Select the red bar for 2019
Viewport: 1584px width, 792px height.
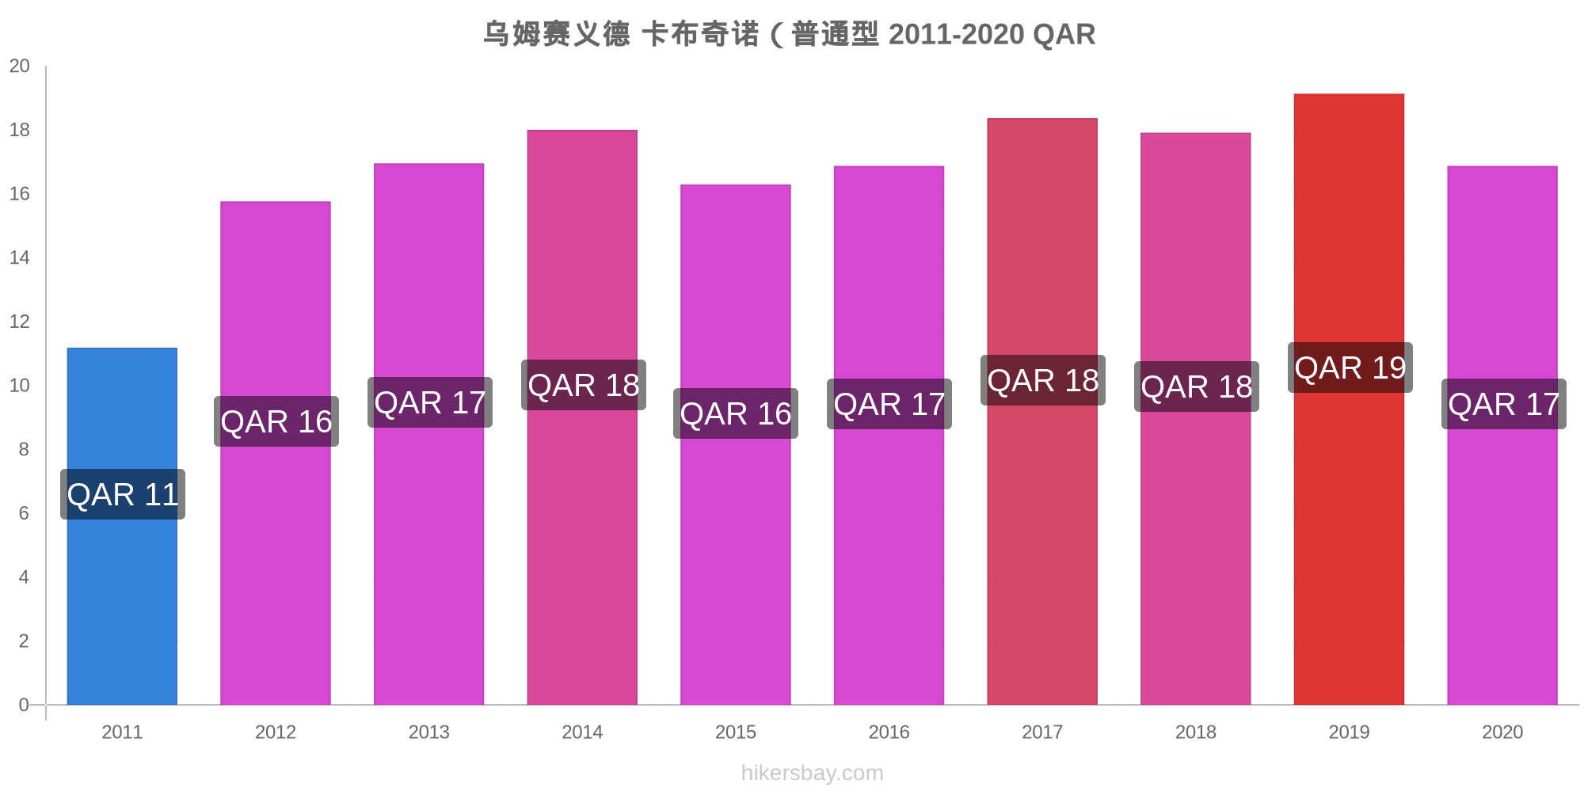point(1349,554)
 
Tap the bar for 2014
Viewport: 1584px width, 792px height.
point(582,554)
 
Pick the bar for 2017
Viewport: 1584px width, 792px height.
point(1042,554)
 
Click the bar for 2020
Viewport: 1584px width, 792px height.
point(1502,554)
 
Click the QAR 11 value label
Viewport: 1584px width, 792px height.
point(123,494)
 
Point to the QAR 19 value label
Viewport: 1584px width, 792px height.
point(1350,367)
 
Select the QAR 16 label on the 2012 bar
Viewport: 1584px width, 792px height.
point(276,421)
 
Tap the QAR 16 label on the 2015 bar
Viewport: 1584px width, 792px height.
point(736,413)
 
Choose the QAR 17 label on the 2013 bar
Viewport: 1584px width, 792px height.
point(430,402)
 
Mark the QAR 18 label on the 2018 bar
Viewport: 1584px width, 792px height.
point(1196,386)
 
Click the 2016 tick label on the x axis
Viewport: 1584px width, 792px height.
point(889,732)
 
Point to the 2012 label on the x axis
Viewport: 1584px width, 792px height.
point(276,732)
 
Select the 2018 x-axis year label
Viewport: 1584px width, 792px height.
point(1196,732)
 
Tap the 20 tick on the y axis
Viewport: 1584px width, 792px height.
point(20,66)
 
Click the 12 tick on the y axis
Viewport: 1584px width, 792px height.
point(20,322)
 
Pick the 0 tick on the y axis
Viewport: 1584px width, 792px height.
point(24,705)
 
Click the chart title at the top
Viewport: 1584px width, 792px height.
point(789,34)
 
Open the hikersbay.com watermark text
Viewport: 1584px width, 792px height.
point(812,773)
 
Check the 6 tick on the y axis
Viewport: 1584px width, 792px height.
point(24,513)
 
